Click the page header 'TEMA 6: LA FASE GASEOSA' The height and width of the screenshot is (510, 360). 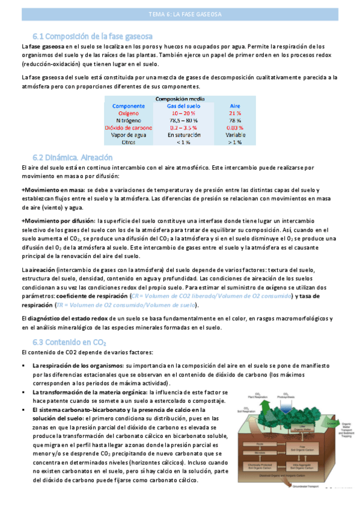click(x=180, y=16)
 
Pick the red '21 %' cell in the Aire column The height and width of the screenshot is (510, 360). click(x=236, y=113)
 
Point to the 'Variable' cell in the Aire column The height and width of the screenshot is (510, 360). click(x=236, y=135)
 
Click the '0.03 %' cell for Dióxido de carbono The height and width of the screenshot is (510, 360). click(x=236, y=127)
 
